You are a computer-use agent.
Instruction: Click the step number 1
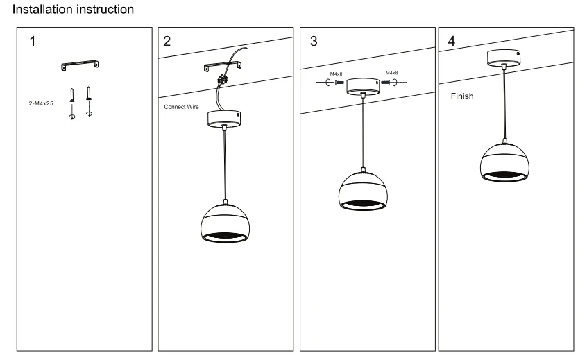click(x=33, y=41)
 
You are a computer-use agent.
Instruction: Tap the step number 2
click(x=167, y=41)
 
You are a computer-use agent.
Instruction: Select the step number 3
click(x=314, y=41)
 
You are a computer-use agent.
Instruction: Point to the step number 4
click(x=452, y=41)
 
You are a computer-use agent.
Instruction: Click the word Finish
click(x=462, y=96)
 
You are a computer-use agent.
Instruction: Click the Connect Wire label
click(x=181, y=107)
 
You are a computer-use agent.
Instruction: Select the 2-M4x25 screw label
click(x=41, y=103)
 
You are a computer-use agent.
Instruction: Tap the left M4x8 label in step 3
click(x=336, y=74)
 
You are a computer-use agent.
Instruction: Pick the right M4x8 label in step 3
click(x=391, y=73)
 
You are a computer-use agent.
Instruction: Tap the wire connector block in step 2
click(x=223, y=79)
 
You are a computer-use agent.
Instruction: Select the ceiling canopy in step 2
click(x=224, y=119)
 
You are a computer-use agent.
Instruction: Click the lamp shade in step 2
click(x=225, y=223)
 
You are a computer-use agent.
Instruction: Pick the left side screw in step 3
click(x=339, y=83)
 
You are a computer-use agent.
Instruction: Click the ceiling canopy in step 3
click(x=363, y=86)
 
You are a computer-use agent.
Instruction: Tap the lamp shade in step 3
click(x=363, y=191)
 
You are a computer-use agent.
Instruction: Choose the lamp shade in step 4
click(x=504, y=162)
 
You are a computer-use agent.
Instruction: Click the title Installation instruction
click(x=73, y=9)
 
